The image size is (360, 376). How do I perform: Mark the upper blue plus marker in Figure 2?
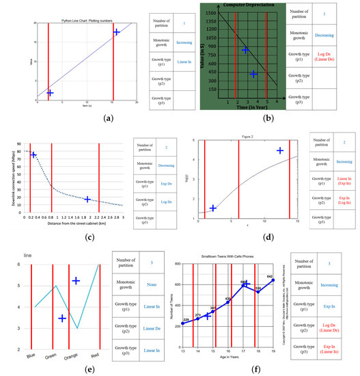point(279,150)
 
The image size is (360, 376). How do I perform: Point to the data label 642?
point(270,258)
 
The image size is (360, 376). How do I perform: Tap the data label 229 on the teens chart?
point(184,319)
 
